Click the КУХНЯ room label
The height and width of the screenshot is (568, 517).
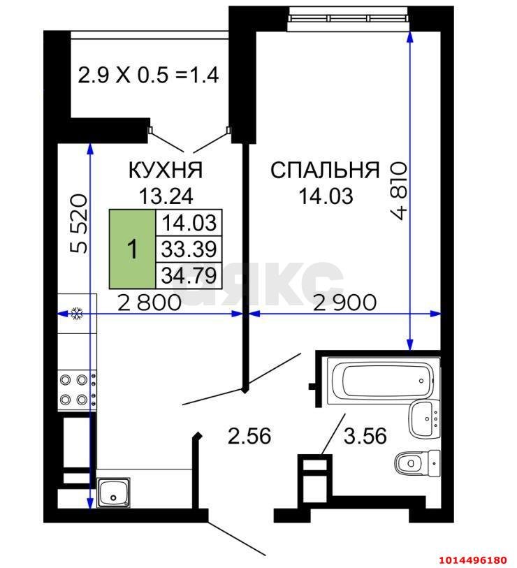coord(166,170)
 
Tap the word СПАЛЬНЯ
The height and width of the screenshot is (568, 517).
coord(325,170)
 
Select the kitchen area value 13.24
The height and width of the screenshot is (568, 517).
coord(166,196)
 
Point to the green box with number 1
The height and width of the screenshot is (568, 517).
coord(133,249)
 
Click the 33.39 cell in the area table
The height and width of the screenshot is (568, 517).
coord(189,249)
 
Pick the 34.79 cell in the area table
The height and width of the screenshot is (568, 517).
coord(189,275)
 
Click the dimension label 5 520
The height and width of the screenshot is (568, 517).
coord(79,224)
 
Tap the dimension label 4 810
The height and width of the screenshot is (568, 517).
coord(399,191)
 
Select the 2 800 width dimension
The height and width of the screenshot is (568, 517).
coord(150,303)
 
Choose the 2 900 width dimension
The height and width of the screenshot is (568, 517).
coord(344,303)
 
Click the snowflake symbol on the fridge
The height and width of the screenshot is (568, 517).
coord(77,313)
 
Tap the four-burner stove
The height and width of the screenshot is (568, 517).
coord(77,390)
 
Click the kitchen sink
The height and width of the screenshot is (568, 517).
coord(113,492)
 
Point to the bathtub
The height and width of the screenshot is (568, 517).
coord(384,381)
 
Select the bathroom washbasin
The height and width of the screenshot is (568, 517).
coord(425,419)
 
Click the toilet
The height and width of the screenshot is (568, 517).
coord(417,463)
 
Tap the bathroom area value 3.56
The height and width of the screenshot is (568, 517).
coord(365,436)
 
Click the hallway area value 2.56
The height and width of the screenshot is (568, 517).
coord(249,436)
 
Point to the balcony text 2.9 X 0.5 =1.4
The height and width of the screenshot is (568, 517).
coord(149,75)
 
